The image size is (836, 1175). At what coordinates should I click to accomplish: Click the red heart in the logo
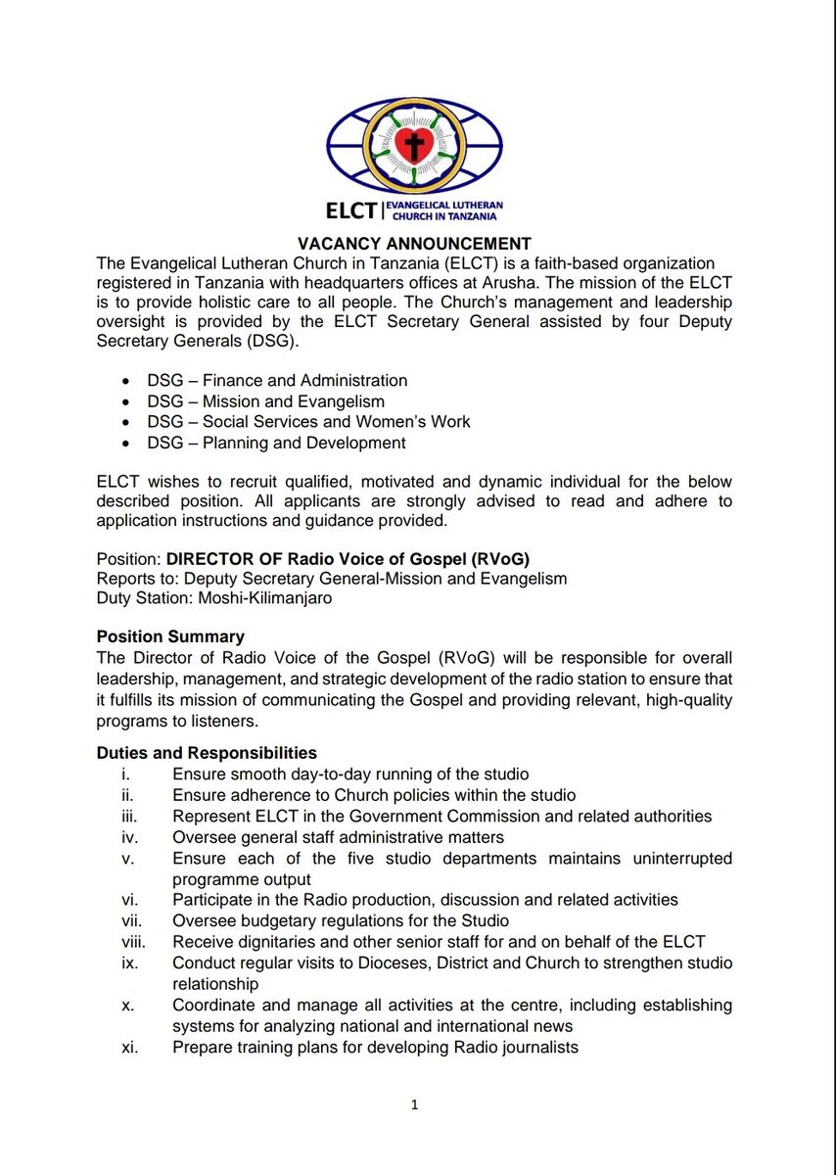click(413, 145)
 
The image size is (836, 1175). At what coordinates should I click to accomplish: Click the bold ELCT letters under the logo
click(354, 209)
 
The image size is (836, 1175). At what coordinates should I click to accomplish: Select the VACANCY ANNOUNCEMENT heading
click(415, 244)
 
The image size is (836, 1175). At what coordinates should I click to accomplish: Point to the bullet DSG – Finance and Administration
click(277, 380)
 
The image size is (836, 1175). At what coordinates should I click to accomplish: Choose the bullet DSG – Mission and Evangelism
click(265, 401)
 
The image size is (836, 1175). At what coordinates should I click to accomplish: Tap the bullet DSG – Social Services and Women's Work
click(307, 422)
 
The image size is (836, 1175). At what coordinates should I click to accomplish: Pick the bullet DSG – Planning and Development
click(275, 443)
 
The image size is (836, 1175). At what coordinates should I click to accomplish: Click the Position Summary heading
click(170, 636)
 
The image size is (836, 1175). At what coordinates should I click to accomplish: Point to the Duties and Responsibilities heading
click(207, 753)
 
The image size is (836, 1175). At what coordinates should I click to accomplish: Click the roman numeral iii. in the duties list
click(127, 816)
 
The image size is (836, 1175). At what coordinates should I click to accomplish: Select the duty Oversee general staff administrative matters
click(338, 837)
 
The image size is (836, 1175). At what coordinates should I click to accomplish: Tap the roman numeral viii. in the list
click(130, 942)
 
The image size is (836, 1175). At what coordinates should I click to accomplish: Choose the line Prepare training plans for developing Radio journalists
click(375, 1047)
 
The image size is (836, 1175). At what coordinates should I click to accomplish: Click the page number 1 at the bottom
click(415, 1105)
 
